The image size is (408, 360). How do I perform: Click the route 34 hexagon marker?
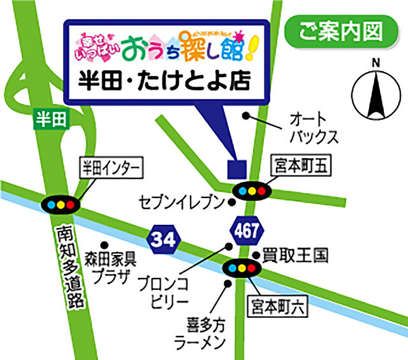coord(164,240)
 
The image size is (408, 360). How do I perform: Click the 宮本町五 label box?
coord(301,167)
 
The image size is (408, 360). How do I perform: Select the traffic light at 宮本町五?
coord(251,191)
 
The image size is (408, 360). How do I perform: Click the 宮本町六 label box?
coord(278,307)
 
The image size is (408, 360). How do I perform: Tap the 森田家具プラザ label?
coord(110,268)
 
